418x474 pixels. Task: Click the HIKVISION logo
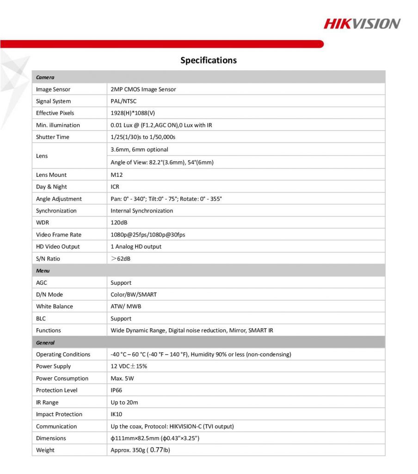[x=362, y=24]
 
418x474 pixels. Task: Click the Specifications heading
[x=209, y=60]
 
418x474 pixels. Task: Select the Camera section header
[x=45, y=77]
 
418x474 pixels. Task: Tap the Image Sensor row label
[x=53, y=89]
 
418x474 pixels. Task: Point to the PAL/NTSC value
[x=123, y=101]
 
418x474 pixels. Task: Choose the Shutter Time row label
[x=53, y=137]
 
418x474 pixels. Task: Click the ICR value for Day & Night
[x=115, y=187]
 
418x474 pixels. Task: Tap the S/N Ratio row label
[x=48, y=259]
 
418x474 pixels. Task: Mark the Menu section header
[x=43, y=271]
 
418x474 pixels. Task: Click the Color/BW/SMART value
[x=134, y=294]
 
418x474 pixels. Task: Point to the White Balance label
[x=55, y=306]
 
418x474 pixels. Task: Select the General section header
[x=45, y=343]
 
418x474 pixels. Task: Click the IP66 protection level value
[x=117, y=390]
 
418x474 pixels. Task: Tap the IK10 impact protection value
[x=117, y=414]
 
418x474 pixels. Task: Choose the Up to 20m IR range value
[x=124, y=402]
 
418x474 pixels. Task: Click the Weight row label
[x=45, y=450]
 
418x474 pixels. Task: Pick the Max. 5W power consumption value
[x=123, y=378]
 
